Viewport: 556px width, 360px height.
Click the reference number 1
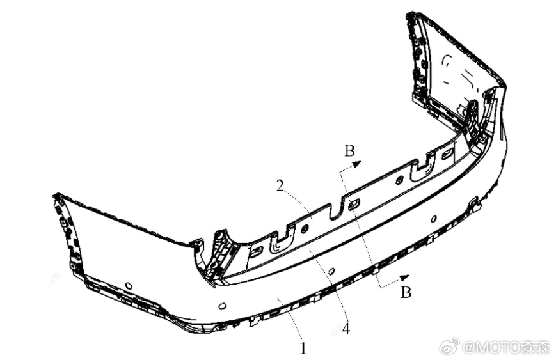tap(303, 348)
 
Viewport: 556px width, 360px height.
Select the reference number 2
tap(280, 186)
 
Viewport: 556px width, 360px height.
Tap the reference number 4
tap(346, 329)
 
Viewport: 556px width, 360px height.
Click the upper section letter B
tap(349, 151)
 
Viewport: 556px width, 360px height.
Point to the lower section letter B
tap(406, 292)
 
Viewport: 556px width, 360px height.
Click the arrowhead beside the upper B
tap(357, 164)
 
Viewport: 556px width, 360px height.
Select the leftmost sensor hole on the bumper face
tap(128, 285)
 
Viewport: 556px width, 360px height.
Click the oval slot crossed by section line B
tap(354, 204)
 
